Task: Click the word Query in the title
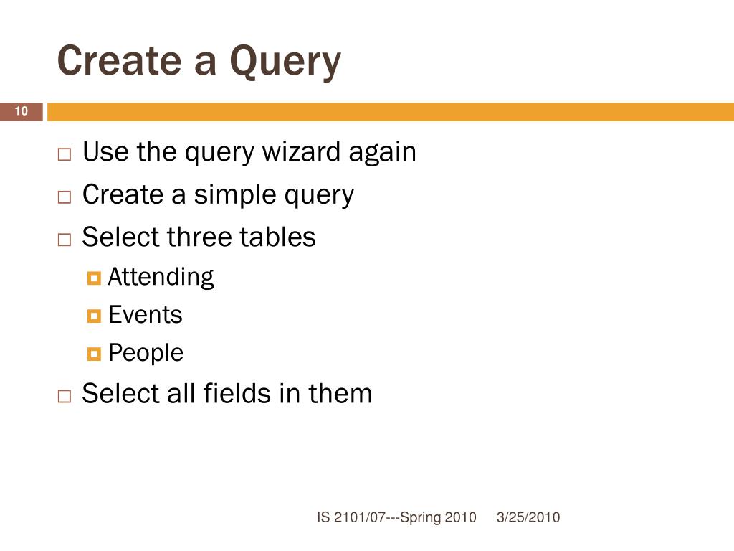pyautogui.click(x=285, y=62)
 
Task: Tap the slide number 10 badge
pyautogui.click(x=21, y=111)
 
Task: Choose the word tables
pyautogui.click(x=279, y=237)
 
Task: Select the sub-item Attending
pyautogui.click(x=161, y=277)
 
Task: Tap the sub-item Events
pyautogui.click(x=146, y=315)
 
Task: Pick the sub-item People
pyautogui.click(x=146, y=353)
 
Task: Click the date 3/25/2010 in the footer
pyautogui.click(x=528, y=517)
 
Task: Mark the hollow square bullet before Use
pyautogui.click(x=65, y=155)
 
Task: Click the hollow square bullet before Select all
pyautogui.click(x=65, y=395)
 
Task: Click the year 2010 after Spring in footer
pyautogui.click(x=460, y=517)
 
